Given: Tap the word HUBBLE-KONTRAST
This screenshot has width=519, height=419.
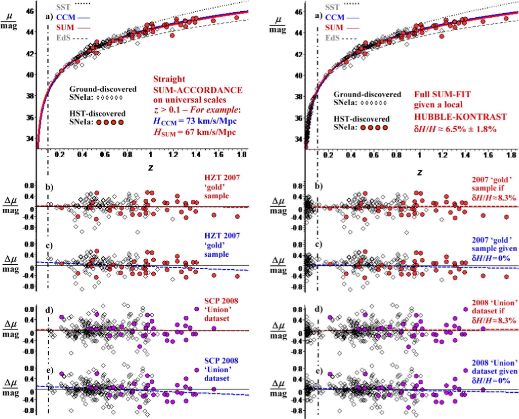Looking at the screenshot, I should (461, 117).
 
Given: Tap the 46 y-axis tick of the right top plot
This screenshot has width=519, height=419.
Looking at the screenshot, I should (300, 12).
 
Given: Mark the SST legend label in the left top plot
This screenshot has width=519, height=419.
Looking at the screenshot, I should (63, 7).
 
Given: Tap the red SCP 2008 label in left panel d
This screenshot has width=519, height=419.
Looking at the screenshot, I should (221, 301).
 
